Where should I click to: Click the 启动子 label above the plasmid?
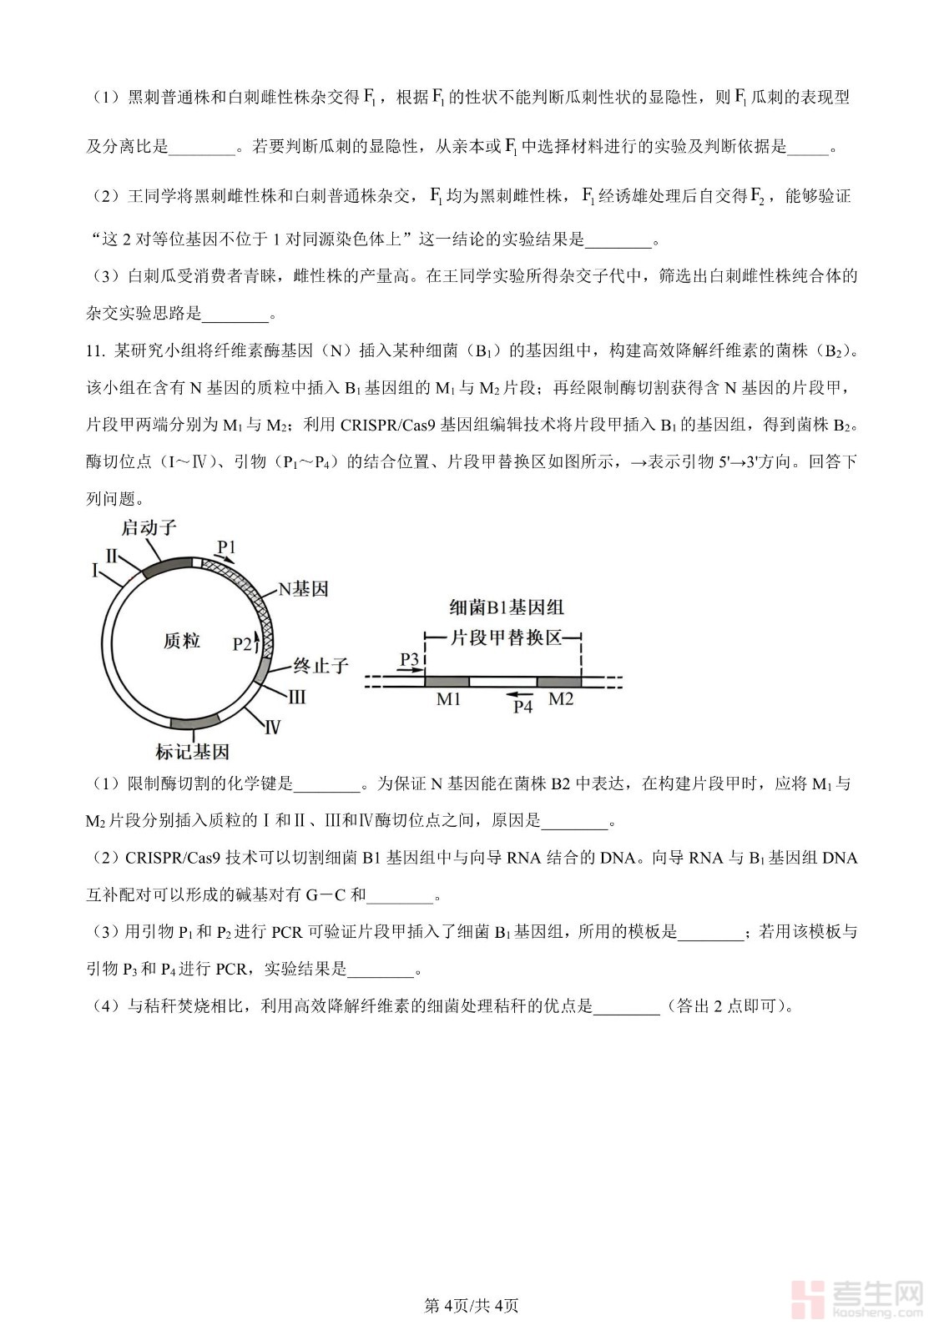(149, 527)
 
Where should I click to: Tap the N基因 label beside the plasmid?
(303, 589)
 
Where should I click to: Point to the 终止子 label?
(321, 666)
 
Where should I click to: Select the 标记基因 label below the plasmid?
(192, 752)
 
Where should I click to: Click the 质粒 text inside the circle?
(181, 640)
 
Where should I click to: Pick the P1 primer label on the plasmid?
(226, 547)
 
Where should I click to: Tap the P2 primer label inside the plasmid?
(242, 643)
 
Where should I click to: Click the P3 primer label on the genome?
(409, 660)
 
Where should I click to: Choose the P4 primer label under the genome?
(522, 707)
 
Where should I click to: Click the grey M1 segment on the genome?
(447, 682)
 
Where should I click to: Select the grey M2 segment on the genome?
(559, 682)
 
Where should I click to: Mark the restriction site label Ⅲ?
(296, 698)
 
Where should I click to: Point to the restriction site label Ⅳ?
(272, 728)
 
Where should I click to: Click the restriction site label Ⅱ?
(111, 556)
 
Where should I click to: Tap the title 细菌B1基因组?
(506, 607)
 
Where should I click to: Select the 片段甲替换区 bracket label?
(506, 638)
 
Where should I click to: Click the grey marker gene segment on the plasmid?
(194, 723)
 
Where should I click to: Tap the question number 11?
(95, 351)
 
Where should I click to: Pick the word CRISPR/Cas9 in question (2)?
(174, 858)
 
